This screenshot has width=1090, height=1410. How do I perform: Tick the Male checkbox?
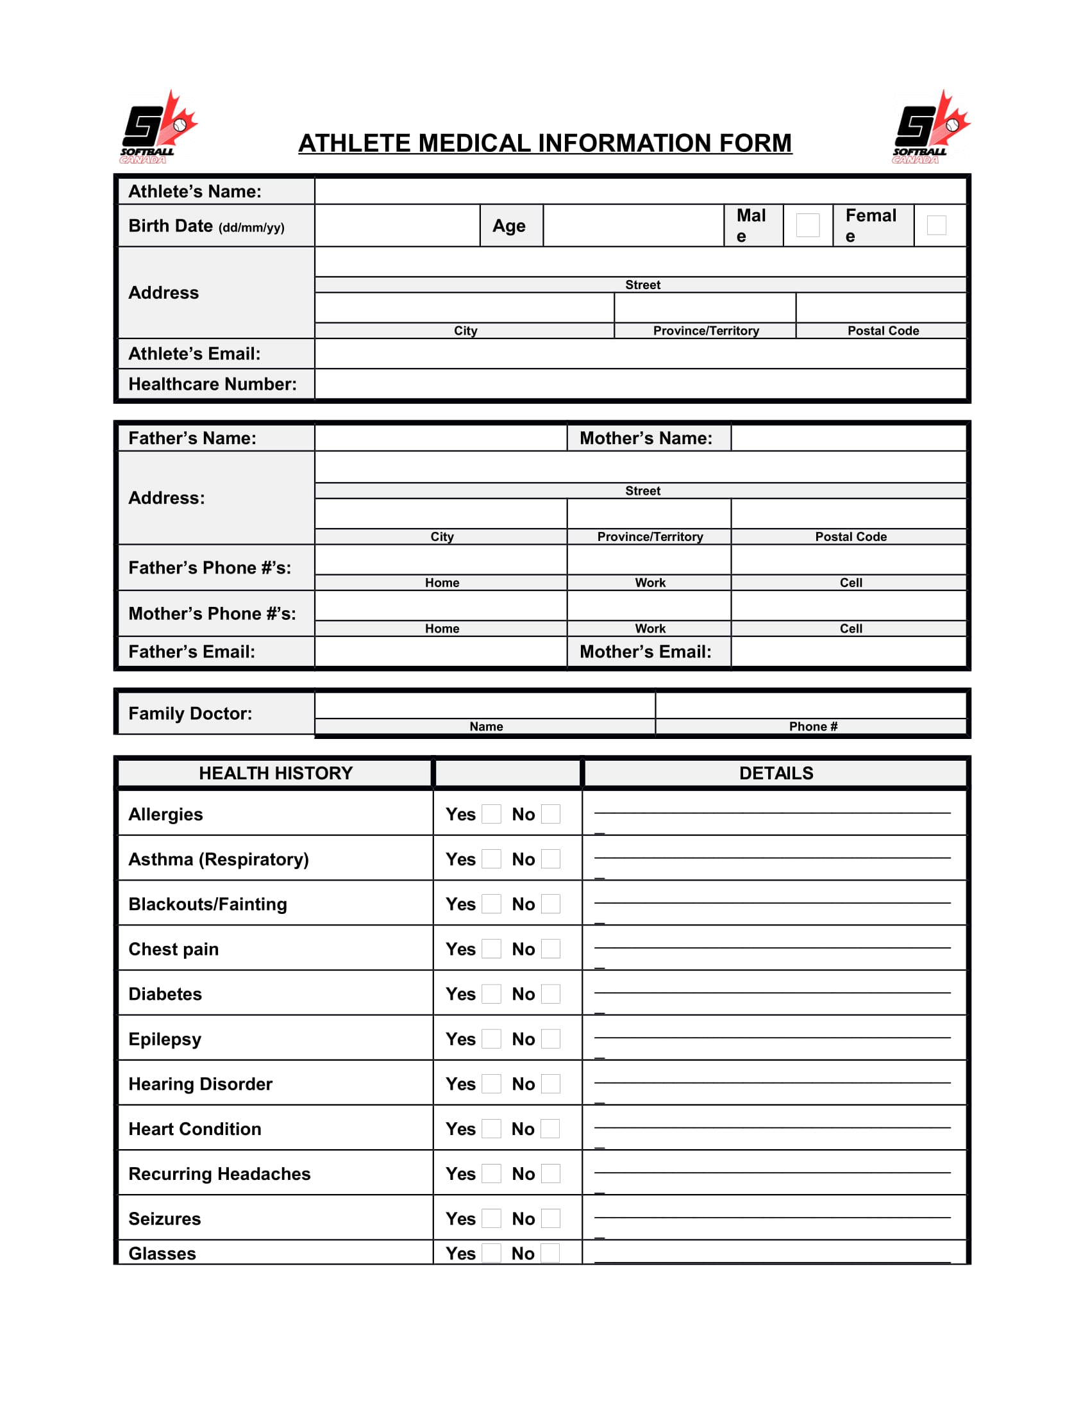click(807, 226)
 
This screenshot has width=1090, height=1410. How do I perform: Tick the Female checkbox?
click(935, 226)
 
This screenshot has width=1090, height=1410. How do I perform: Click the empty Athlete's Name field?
click(639, 191)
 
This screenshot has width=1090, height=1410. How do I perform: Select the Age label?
click(509, 226)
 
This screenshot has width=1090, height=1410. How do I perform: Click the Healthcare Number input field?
click(639, 384)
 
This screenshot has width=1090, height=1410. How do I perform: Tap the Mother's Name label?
click(646, 438)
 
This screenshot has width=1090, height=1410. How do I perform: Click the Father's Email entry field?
click(440, 652)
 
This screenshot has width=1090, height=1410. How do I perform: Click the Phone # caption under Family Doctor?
click(812, 726)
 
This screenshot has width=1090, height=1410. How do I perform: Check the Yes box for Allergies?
click(491, 814)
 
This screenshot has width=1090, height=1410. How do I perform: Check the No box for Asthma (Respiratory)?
click(550, 859)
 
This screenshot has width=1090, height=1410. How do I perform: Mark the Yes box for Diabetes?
click(491, 993)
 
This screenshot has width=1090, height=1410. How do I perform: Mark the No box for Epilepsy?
click(550, 1039)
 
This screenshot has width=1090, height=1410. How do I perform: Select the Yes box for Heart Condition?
click(491, 1129)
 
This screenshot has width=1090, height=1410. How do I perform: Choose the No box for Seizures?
click(550, 1218)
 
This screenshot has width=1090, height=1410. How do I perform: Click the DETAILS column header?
click(776, 774)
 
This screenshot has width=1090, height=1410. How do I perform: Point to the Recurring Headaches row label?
click(219, 1174)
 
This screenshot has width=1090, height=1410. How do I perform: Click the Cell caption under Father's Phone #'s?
click(850, 583)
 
